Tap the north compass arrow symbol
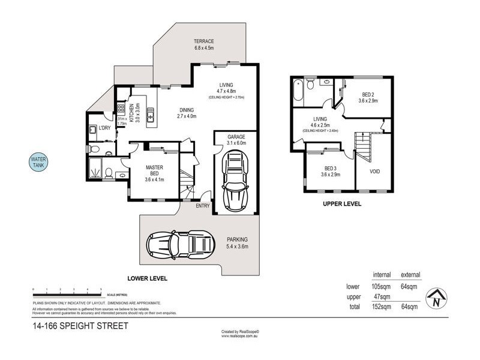437,298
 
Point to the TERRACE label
204,41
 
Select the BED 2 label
368,94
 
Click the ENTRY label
203,206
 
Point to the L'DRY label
104,128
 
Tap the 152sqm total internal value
382,307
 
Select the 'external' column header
410,275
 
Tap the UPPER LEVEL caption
342,204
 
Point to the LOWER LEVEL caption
148,278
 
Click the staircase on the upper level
362,145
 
